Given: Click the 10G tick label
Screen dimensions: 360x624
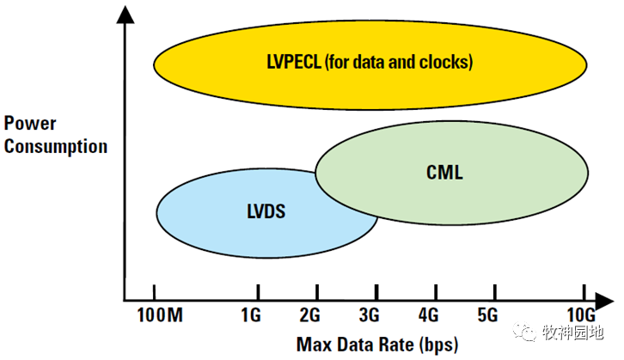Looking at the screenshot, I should [580, 314].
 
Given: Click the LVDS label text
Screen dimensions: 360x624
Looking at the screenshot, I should [266, 210].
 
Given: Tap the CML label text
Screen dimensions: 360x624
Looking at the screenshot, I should [444, 173].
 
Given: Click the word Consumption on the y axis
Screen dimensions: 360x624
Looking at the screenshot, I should [56, 146].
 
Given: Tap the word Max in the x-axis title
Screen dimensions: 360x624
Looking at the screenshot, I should [313, 345].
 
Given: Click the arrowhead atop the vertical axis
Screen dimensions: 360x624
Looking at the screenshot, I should [125, 16].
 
